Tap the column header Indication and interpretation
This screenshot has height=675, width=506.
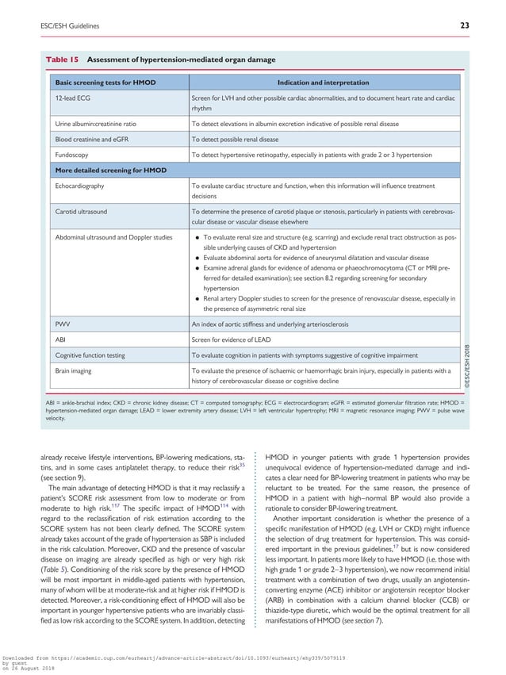pyautogui.click(x=323, y=82)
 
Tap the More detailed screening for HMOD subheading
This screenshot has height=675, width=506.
pyautogui.click(x=108, y=171)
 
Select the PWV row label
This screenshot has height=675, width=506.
pyautogui.click(x=62, y=324)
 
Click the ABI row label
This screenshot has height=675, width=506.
pyautogui.click(x=59, y=339)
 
